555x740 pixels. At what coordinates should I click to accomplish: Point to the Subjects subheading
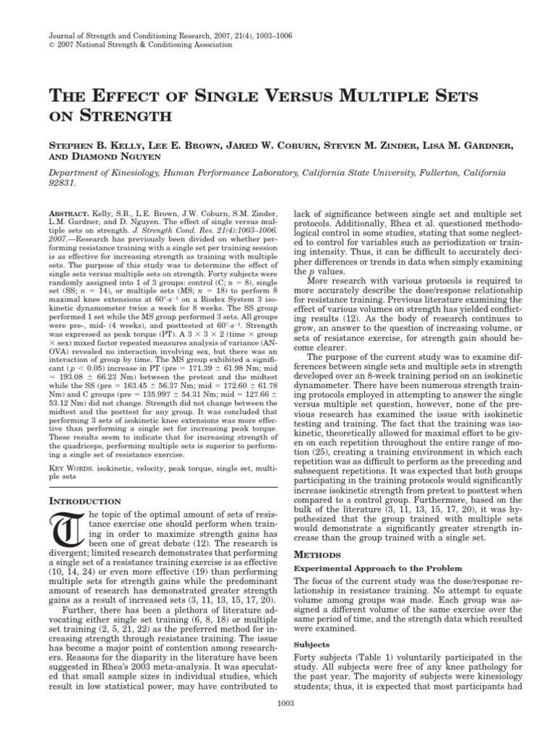pos(305,644)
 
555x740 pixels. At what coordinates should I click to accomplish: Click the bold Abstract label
pos(66,215)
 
